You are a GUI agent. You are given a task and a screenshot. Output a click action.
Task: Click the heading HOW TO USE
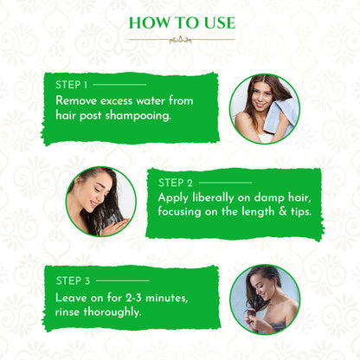pyautogui.click(x=180, y=22)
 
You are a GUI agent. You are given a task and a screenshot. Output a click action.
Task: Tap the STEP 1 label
pyautogui.click(x=71, y=85)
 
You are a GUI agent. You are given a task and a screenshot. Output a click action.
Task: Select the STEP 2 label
pyautogui.click(x=177, y=183)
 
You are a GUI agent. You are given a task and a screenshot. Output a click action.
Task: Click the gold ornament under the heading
pyautogui.click(x=180, y=39)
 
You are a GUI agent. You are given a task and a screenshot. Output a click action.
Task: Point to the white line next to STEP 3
pyautogui.click(x=122, y=280)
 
